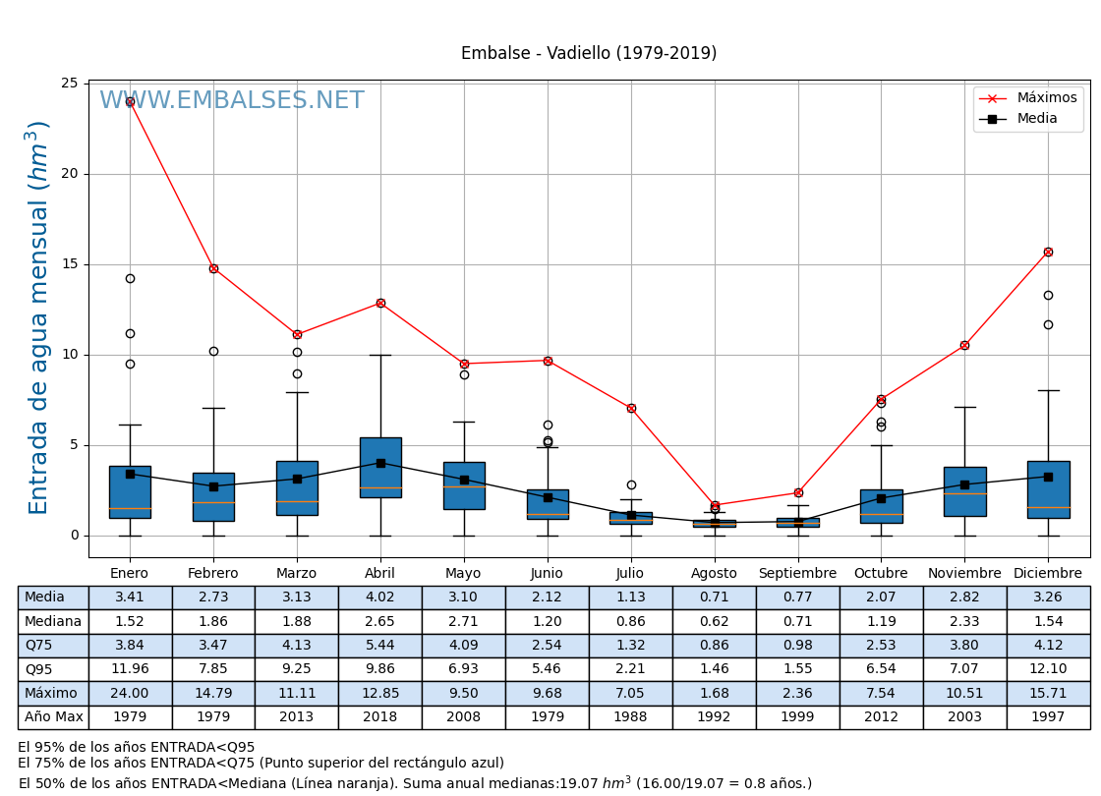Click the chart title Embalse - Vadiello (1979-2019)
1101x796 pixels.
pyautogui.click(x=589, y=54)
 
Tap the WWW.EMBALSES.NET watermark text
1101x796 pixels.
pyautogui.click(x=232, y=101)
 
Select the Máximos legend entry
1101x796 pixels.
pyautogui.click(x=1046, y=98)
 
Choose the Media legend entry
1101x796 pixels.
pyautogui.click(x=1037, y=119)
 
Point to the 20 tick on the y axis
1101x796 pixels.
pyautogui.click(x=70, y=174)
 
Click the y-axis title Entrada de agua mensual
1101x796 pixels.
pyautogui.click(x=39, y=317)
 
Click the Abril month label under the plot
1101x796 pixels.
pyautogui.click(x=380, y=574)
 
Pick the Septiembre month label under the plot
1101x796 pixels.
pyautogui.click(x=797, y=574)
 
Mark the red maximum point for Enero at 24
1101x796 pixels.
pyautogui.click(x=130, y=101)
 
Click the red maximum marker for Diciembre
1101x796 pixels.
pyautogui.click(x=1048, y=252)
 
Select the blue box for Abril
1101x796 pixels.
pyautogui.click(x=380, y=468)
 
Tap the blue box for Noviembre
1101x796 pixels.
pyautogui.click(x=964, y=491)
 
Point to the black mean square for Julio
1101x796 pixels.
pyautogui.click(x=631, y=515)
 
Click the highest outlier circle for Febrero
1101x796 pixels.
pyautogui.click(x=213, y=351)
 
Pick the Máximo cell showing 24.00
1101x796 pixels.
pyautogui.click(x=130, y=694)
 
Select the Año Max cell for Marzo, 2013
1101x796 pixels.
pyautogui.click(x=297, y=717)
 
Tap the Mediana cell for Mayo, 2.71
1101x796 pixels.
pyautogui.click(x=464, y=622)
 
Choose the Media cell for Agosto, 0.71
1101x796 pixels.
pyautogui.click(x=715, y=597)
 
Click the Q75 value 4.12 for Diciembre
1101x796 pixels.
pyautogui.click(x=1048, y=646)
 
